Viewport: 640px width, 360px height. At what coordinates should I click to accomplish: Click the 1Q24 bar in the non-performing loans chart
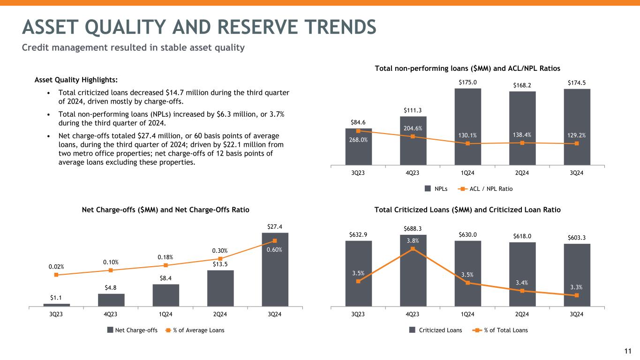click(467, 127)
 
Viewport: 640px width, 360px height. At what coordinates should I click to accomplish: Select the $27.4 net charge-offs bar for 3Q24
click(275, 270)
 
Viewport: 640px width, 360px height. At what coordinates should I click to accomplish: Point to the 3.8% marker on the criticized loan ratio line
click(413, 249)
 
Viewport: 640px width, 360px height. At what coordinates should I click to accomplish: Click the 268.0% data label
click(358, 139)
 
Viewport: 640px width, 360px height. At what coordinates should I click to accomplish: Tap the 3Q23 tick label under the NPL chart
click(358, 172)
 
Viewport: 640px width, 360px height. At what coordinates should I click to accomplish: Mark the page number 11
click(628, 351)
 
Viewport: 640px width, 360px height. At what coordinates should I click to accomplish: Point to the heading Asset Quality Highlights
click(70, 80)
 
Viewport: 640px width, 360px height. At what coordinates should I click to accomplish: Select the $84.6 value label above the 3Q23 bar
click(358, 122)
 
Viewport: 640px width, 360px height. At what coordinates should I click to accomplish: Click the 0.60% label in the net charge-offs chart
click(275, 249)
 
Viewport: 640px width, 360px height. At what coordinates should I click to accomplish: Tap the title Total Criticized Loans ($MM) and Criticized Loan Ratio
click(467, 210)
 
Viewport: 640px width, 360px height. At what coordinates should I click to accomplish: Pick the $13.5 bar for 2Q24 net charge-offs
click(220, 288)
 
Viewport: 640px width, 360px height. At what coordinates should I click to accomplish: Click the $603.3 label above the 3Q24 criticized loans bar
click(577, 238)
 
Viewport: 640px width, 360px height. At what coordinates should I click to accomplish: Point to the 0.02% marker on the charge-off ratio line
click(56, 275)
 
